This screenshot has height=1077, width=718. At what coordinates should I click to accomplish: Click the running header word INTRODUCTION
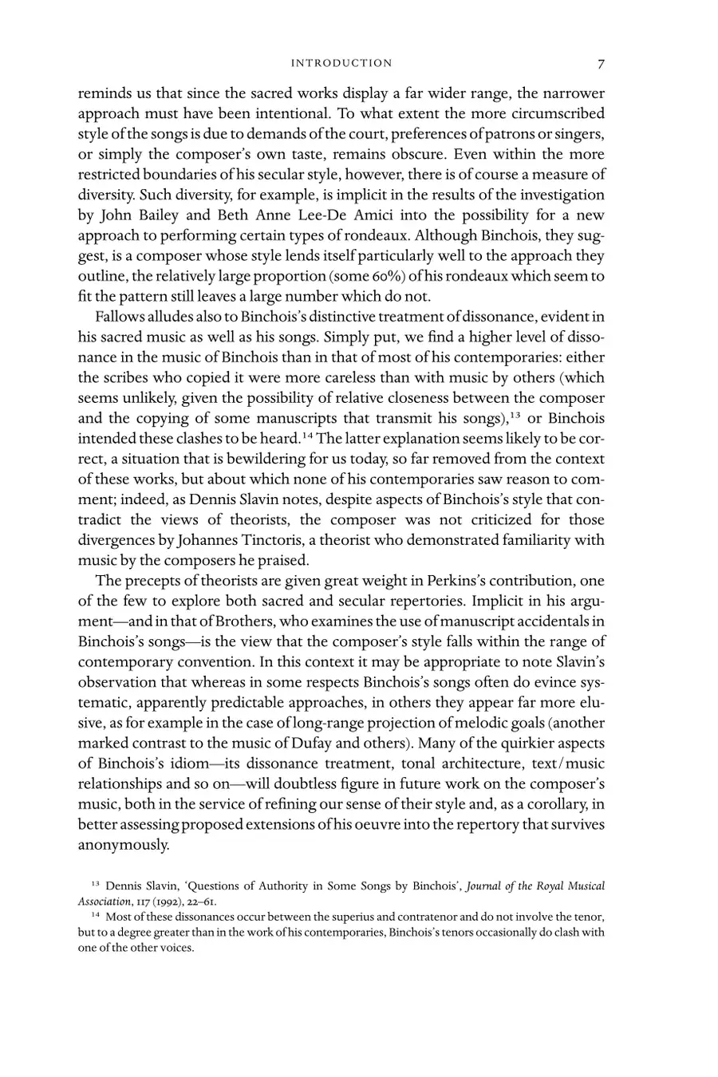[x=341, y=63]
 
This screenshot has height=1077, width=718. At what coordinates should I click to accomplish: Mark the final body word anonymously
[x=124, y=845]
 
